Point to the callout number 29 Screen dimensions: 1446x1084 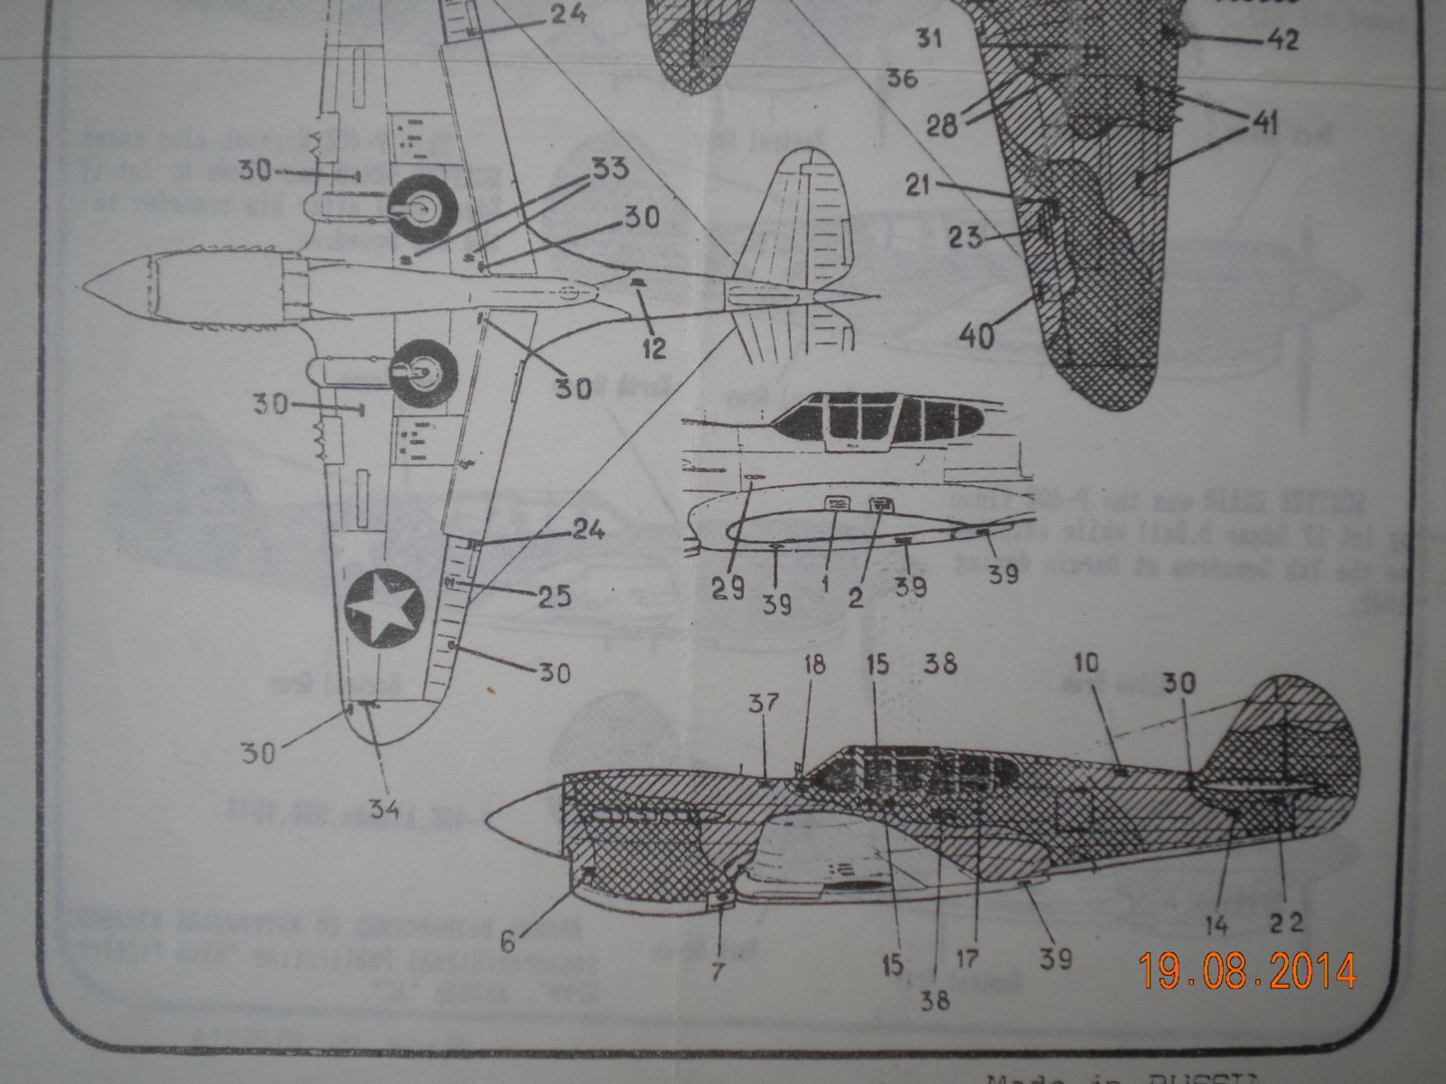pyautogui.click(x=726, y=590)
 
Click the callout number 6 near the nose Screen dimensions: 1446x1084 pyautogui.click(x=508, y=942)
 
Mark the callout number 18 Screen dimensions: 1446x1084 pyautogui.click(x=814, y=666)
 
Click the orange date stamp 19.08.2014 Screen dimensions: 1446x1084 pyautogui.click(x=1247, y=971)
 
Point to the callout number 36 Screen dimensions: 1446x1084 pyautogui.click(x=902, y=79)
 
